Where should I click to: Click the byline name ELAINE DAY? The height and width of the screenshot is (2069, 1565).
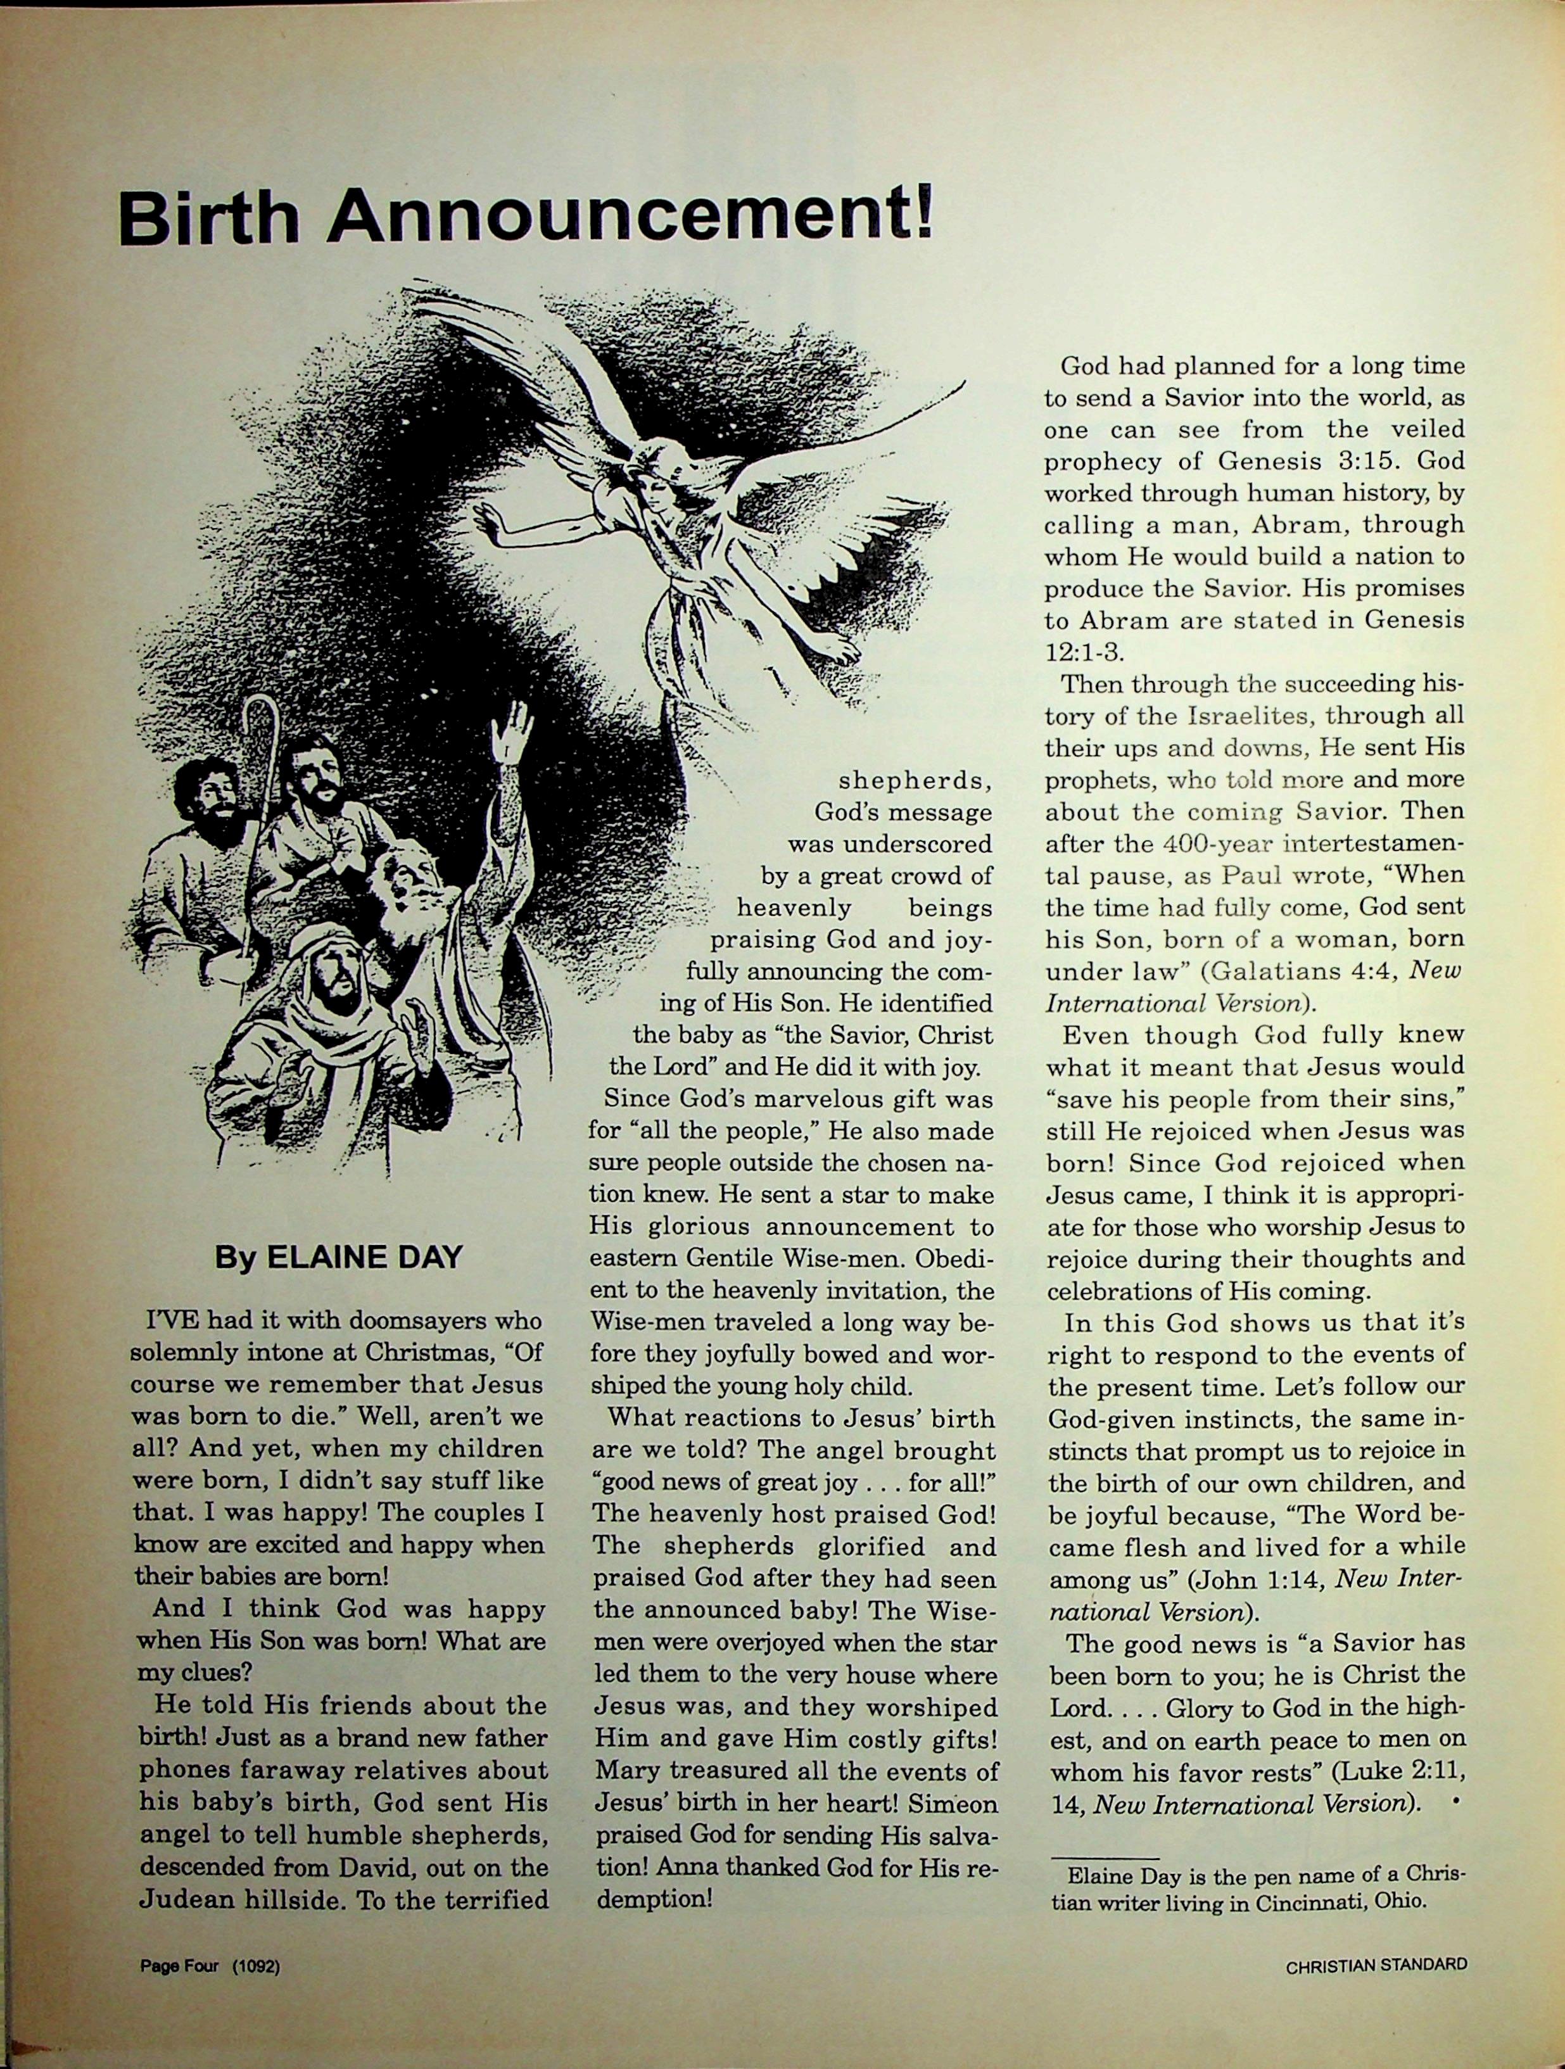click(x=365, y=1257)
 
